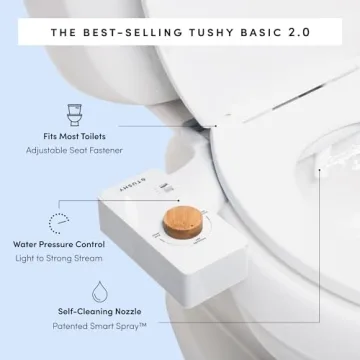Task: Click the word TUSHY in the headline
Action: [x=206, y=31]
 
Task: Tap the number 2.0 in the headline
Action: [x=298, y=31]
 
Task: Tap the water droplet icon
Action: [x=101, y=292]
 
